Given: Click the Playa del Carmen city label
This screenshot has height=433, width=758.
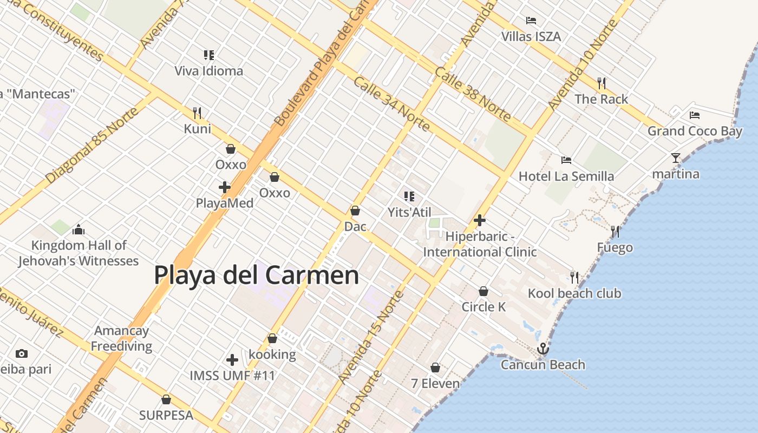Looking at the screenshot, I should (256, 275).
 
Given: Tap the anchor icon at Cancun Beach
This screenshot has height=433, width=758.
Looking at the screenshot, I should (543, 349).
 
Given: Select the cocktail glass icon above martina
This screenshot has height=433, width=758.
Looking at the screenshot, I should (675, 158).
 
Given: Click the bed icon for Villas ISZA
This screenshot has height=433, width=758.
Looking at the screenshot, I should (531, 21).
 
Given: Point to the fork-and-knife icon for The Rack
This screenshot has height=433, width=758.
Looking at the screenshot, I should (602, 83).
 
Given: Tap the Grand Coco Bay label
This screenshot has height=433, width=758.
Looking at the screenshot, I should (695, 131).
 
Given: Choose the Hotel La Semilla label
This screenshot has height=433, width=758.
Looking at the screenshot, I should (566, 176).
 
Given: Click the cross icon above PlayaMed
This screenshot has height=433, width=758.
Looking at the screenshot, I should (225, 187).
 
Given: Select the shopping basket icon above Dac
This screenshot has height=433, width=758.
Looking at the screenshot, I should (355, 211).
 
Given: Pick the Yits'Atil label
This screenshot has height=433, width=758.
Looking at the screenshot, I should (409, 212).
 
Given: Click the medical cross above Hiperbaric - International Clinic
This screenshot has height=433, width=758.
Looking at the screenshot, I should (479, 220).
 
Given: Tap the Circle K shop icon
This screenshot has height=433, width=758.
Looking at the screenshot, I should (483, 292).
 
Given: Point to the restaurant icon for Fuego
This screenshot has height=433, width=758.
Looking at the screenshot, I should (615, 232).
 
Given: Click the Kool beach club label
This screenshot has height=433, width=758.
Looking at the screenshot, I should (574, 293).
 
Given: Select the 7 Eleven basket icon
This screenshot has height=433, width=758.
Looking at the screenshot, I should (435, 368).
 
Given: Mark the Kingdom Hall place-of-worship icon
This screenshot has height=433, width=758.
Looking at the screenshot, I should (79, 229).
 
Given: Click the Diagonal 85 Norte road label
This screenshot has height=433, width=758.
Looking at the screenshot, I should (92, 145).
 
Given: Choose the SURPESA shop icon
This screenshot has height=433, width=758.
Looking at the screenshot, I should (166, 400).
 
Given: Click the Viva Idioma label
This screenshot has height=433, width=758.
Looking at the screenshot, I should (208, 71).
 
